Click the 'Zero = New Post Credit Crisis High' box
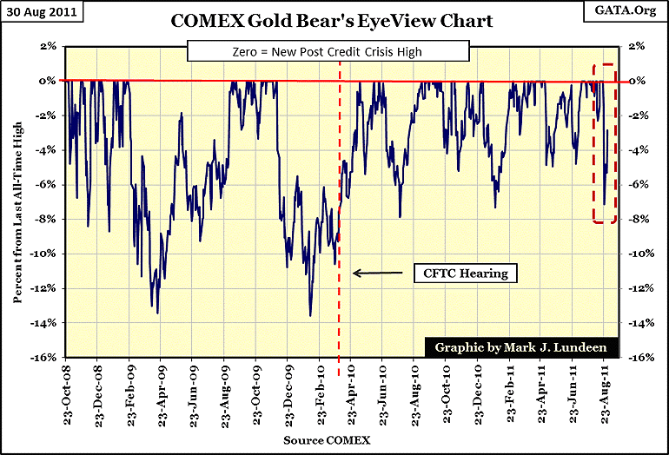tap(333, 53)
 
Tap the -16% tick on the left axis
tap(45, 358)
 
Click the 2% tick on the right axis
tap(635, 46)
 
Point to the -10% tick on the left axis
tap(45, 254)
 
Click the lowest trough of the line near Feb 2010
tap(309, 316)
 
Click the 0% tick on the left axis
tap(49, 81)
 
